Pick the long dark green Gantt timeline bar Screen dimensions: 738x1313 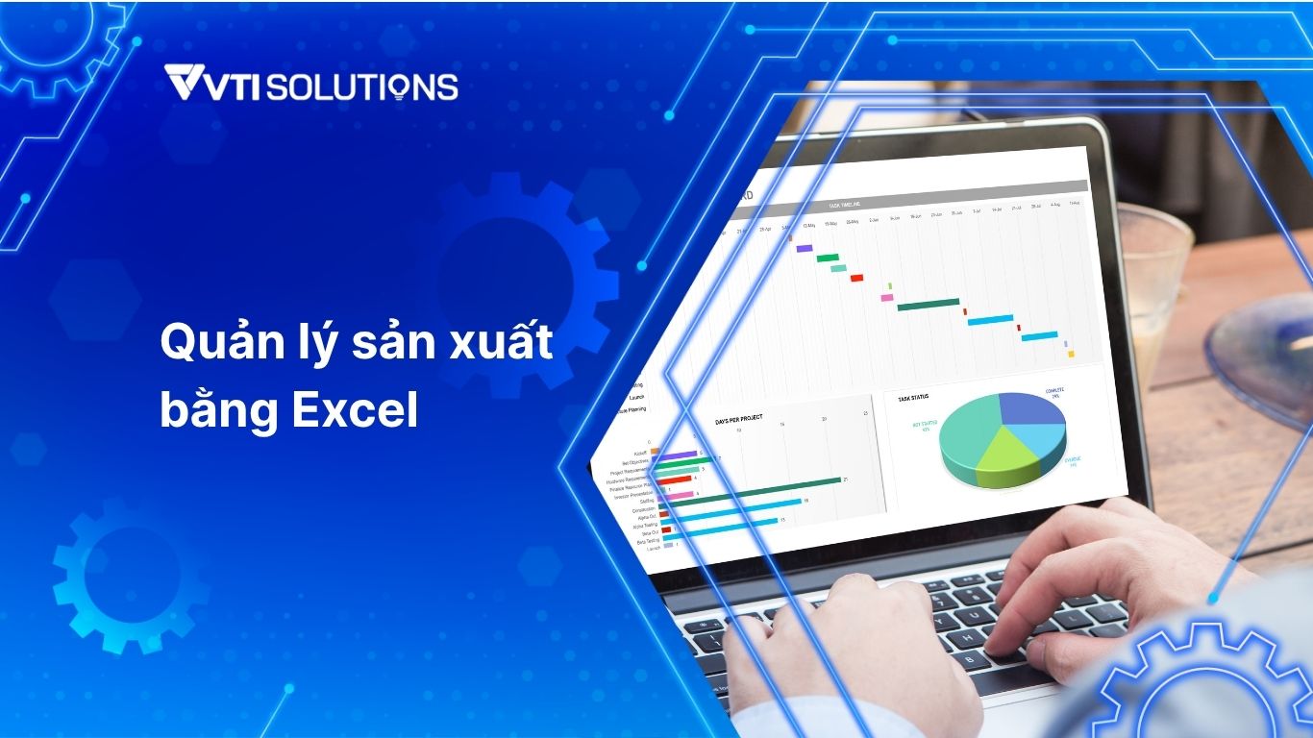tap(928, 306)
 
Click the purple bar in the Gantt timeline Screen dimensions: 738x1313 tap(804, 249)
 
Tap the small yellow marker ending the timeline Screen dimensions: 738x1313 tap(1070, 354)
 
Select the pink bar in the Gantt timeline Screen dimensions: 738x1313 tap(886, 298)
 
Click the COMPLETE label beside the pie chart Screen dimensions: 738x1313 tap(1053, 391)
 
